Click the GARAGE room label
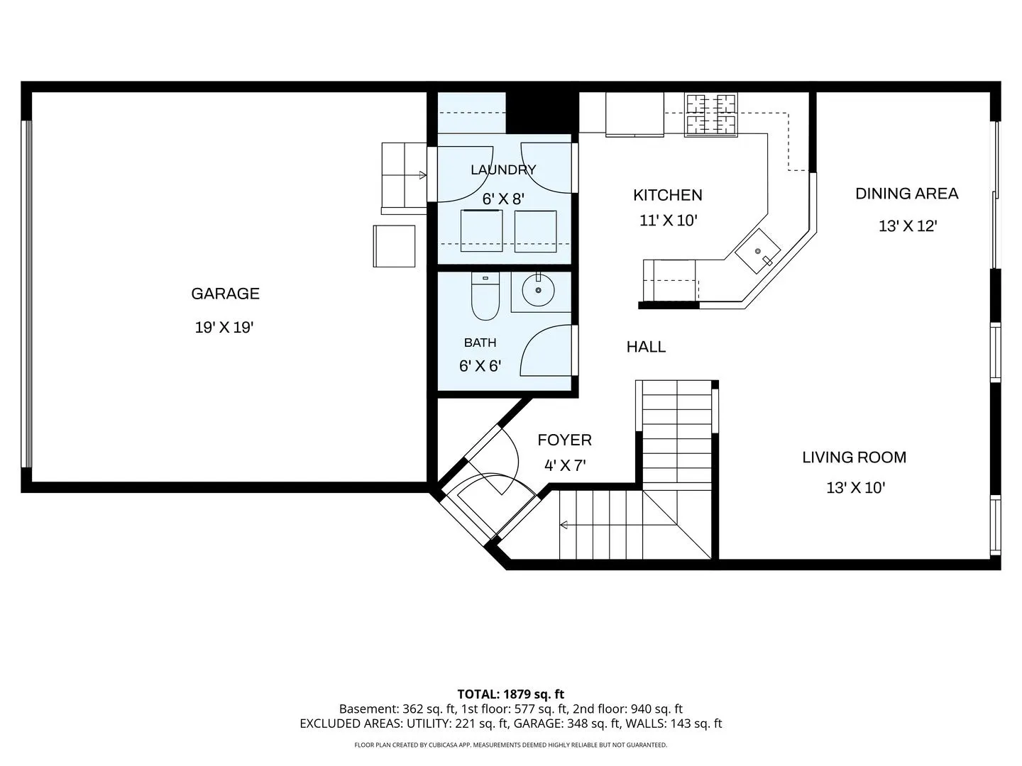(226, 294)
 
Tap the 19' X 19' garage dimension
(224, 328)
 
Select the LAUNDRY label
(503, 170)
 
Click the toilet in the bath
(485, 296)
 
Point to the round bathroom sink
(538, 290)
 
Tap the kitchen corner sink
(758, 251)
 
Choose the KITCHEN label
(668, 195)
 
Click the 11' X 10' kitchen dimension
(668, 221)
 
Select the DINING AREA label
(906, 194)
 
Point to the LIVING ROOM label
(854, 457)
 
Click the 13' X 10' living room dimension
(856, 487)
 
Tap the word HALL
(646, 347)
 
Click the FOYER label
(564, 440)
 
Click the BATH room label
(480, 343)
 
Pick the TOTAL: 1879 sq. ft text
(511, 694)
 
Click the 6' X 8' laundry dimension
(503, 199)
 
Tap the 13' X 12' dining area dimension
(908, 226)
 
